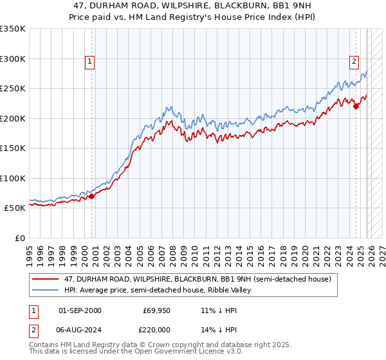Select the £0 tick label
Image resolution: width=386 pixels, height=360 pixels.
click(19, 238)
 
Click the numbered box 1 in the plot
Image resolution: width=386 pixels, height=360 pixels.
click(89, 62)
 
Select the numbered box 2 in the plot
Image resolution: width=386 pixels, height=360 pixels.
click(354, 62)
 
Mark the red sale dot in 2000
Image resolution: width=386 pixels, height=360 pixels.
click(91, 196)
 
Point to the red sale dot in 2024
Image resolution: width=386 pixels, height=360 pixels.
click(356, 107)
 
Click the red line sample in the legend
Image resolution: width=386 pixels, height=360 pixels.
click(46, 279)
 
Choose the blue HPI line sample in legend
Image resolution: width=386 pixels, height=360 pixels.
click(46, 290)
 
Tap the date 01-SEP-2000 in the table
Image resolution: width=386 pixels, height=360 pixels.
click(80, 310)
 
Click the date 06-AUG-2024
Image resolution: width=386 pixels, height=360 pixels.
click(80, 331)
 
